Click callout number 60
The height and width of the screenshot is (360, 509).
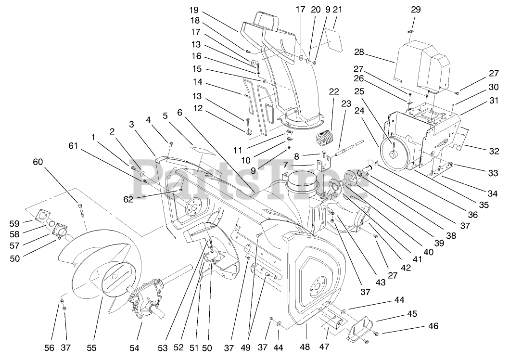(38, 162)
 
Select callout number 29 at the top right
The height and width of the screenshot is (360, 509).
(416, 9)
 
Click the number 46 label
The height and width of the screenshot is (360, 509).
(434, 326)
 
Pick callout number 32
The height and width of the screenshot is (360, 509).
(494, 151)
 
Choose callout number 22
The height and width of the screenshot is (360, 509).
(334, 92)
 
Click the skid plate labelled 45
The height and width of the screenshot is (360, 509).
(358, 328)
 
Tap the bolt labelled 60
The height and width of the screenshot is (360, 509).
(80, 210)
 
